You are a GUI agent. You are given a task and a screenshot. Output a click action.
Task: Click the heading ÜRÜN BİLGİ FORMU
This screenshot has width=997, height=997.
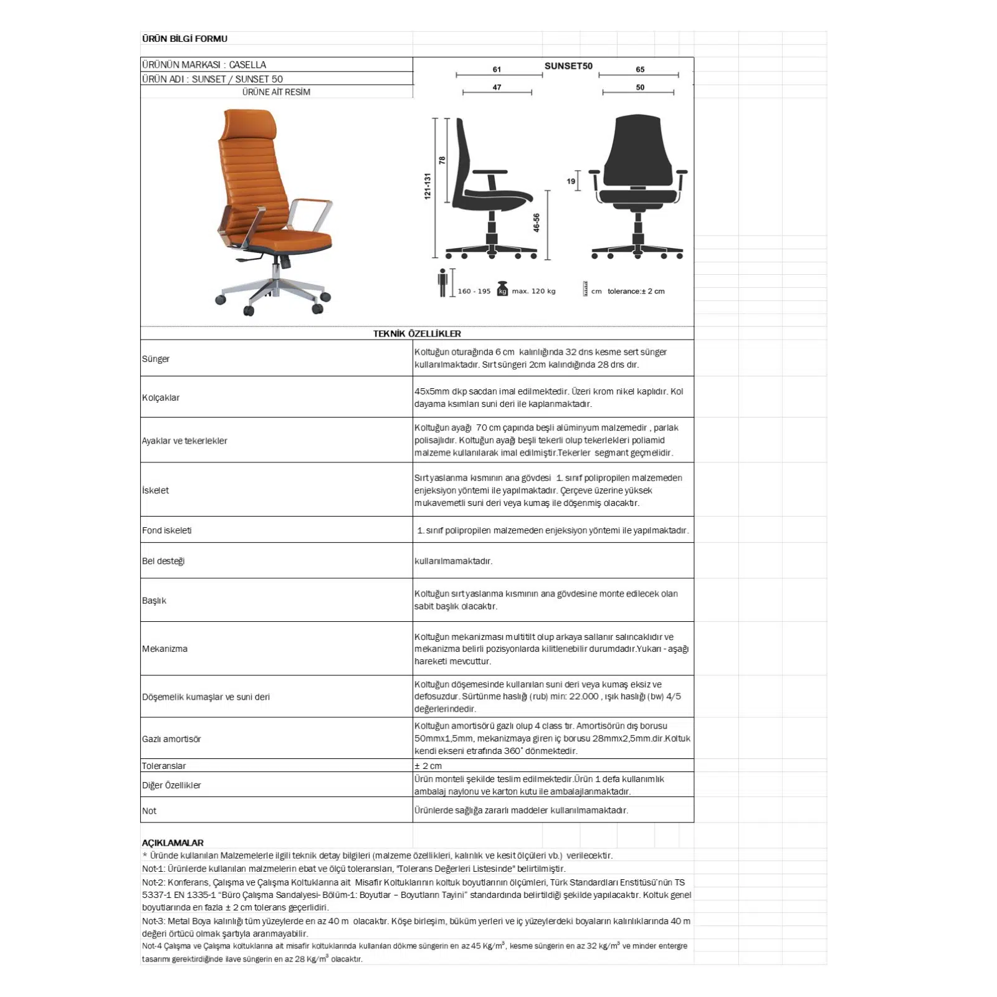(x=184, y=39)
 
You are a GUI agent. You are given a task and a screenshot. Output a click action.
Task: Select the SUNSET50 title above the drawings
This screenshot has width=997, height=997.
(x=568, y=66)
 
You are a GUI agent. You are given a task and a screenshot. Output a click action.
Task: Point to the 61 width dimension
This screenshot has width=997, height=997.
(x=497, y=70)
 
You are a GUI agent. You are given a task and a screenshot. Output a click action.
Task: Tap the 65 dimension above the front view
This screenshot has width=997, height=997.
(x=640, y=70)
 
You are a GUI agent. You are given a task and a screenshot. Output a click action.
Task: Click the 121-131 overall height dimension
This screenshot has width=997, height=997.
(x=427, y=186)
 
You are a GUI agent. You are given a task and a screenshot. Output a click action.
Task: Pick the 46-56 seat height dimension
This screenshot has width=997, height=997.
(x=537, y=223)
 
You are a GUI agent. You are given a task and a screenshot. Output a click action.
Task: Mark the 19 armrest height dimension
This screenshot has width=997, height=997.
(x=571, y=181)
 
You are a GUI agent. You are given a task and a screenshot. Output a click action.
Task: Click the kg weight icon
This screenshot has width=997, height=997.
(x=503, y=289)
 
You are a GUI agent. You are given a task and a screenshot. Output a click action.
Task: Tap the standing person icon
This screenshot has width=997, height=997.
(x=442, y=283)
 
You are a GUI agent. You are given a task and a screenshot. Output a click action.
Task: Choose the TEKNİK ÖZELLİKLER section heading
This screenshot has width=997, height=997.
(x=417, y=333)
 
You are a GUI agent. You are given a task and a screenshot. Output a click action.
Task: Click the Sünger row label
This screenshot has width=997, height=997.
(x=156, y=359)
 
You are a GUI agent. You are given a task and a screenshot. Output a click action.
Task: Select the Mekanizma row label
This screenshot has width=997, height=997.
(x=165, y=649)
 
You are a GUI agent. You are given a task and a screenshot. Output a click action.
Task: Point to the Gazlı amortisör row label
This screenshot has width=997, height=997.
(x=171, y=739)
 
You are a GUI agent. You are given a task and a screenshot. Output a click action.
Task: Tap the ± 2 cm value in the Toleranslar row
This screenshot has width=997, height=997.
(x=428, y=766)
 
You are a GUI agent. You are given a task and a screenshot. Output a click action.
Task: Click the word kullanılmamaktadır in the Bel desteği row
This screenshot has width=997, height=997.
(x=453, y=561)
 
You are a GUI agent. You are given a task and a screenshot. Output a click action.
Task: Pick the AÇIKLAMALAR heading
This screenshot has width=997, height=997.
(x=173, y=842)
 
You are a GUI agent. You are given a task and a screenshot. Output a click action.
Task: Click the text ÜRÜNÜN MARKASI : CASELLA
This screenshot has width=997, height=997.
(x=204, y=65)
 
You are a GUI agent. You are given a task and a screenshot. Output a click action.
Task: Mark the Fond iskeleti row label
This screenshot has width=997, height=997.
(x=166, y=530)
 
